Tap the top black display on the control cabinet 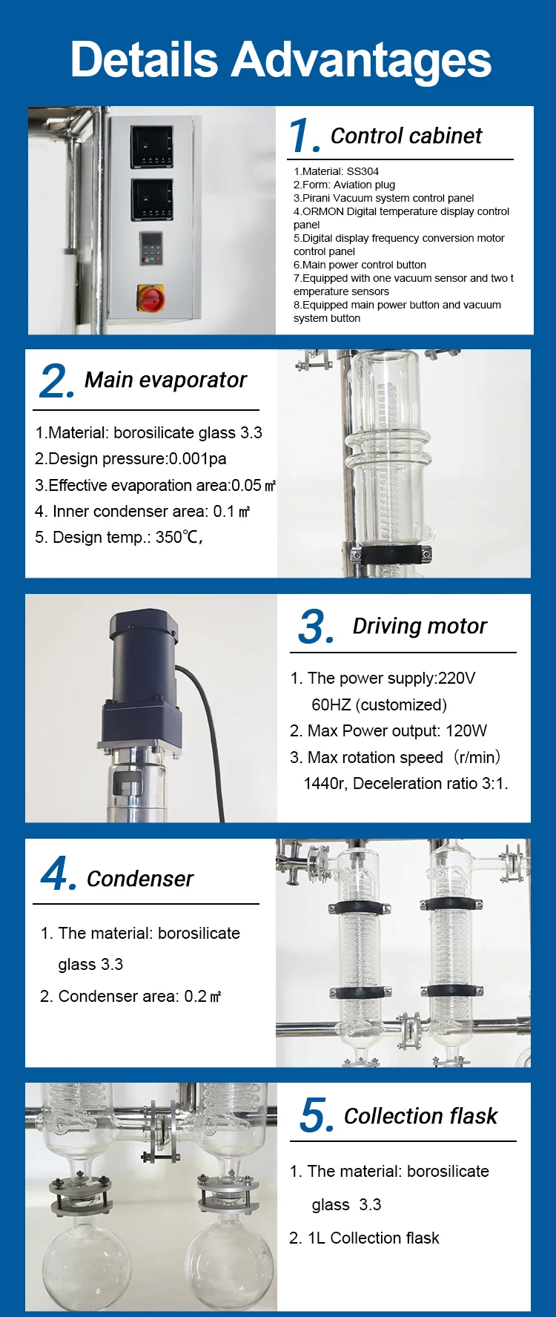click(152, 146)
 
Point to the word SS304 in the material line click(363, 171)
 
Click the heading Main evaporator click(165, 380)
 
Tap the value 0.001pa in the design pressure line click(198, 459)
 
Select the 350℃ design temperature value click(178, 537)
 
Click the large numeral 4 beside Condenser click(58, 873)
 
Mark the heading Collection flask click(420, 1116)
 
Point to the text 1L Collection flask click(374, 1238)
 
